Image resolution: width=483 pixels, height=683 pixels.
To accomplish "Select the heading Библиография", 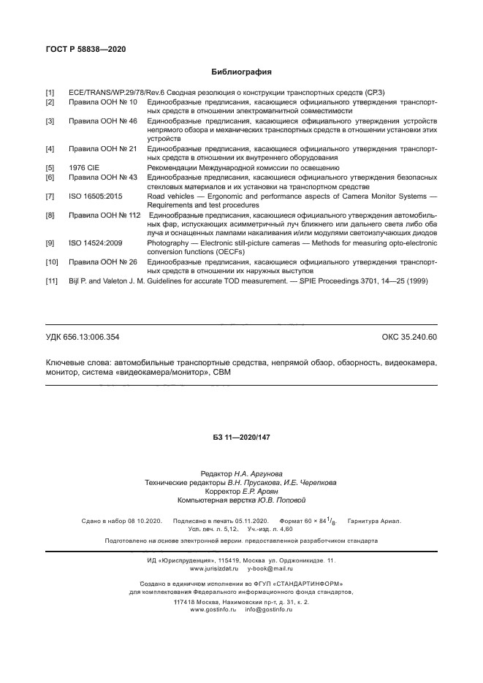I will coord(241,72).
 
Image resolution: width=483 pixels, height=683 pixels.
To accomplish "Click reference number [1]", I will coord(50,94).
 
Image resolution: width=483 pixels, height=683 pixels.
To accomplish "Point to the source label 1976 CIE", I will coord(84,167).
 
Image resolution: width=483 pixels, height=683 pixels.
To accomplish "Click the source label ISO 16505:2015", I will coord(96,196).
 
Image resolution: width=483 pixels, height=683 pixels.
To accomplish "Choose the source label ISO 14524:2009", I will coord(96,242).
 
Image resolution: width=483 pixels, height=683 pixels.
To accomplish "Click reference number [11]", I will coord(52,281).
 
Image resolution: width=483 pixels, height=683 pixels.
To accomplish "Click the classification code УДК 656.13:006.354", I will coord(83,337).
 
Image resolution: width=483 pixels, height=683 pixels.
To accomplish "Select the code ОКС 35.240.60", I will coord(409,337).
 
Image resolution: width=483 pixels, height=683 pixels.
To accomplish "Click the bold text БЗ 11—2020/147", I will coord(241,436).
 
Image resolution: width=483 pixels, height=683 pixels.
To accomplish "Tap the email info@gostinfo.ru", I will coord(269,608).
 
